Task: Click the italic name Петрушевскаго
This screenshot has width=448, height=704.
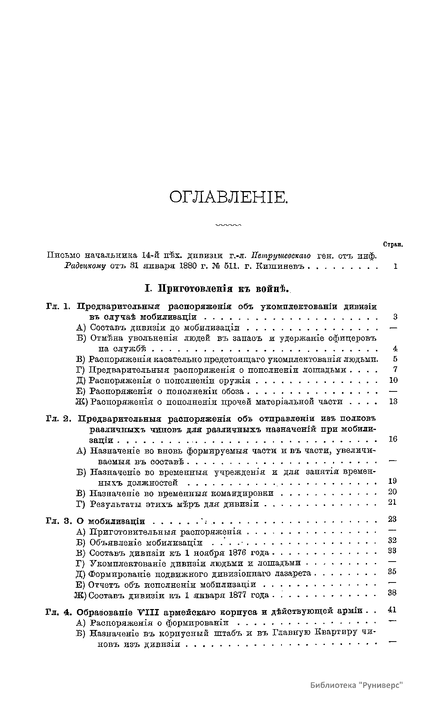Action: click(x=281, y=256)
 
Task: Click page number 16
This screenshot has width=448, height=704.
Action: click(x=393, y=439)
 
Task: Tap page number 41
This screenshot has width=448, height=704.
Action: click(x=392, y=610)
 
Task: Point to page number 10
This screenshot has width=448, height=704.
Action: click(x=393, y=380)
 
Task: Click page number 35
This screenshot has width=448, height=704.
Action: click(x=392, y=572)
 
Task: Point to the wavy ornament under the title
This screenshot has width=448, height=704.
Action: click(x=228, y=225)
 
